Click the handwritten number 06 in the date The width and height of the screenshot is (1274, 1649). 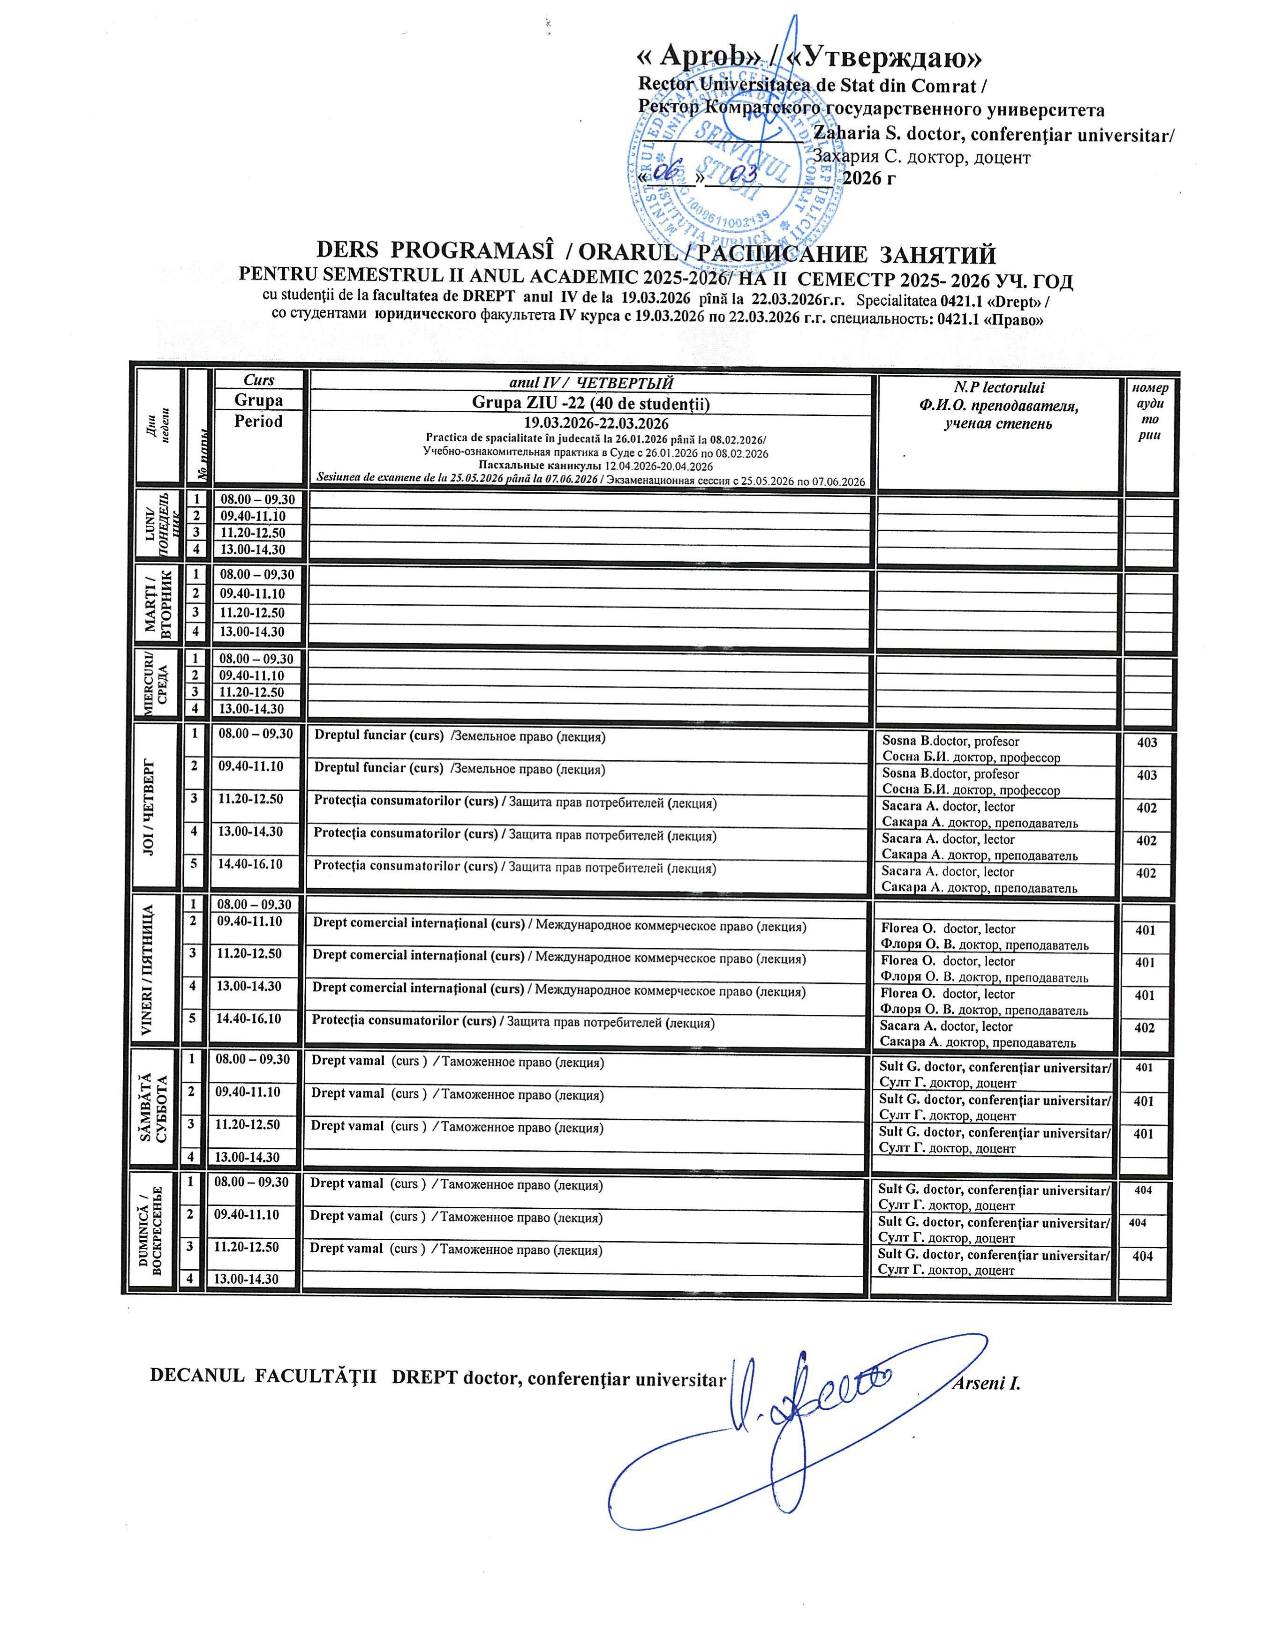666,173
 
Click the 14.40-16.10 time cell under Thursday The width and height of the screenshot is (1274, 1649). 250,863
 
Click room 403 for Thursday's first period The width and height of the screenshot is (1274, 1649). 1147,742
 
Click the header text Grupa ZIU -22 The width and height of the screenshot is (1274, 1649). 591,403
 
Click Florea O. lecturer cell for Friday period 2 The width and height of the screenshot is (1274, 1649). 985,936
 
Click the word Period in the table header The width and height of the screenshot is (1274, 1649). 258,421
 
